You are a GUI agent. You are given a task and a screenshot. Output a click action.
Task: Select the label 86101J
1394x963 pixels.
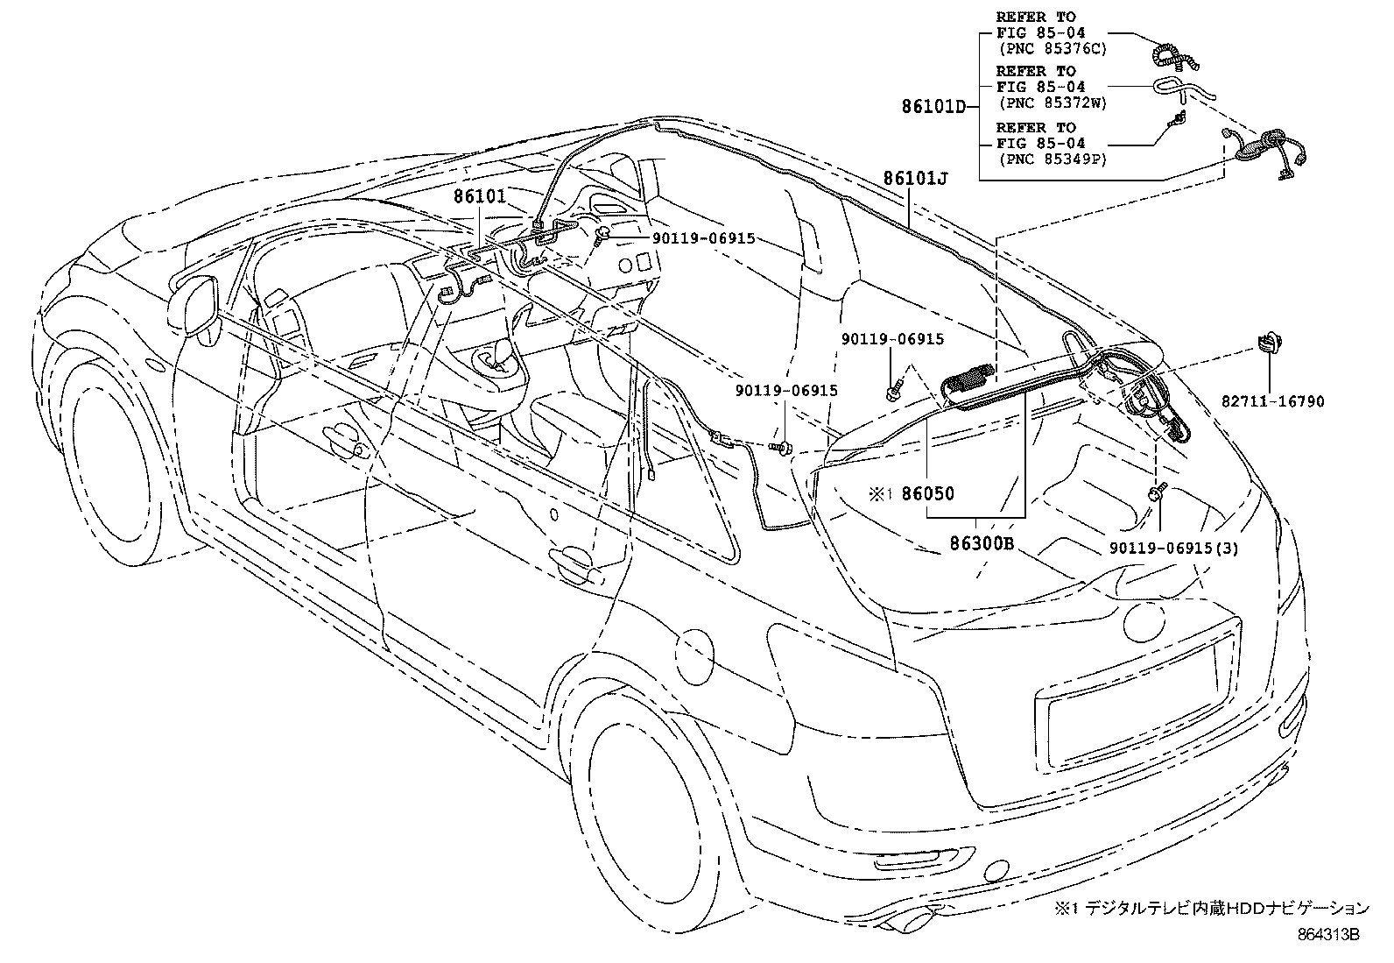(x=915, y=179)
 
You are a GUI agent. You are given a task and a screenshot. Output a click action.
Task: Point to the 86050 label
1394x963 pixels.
(x=927, y=494)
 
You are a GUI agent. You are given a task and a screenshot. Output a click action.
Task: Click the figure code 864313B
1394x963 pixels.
(x=1327, y=935)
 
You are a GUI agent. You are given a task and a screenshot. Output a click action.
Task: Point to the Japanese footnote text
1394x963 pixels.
(x=1212, y=909)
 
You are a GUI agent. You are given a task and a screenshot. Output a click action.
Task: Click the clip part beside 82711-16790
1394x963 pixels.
(x=1267, y=342)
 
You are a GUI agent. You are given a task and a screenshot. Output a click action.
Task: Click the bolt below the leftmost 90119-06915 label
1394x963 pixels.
(x=895, y=386)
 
